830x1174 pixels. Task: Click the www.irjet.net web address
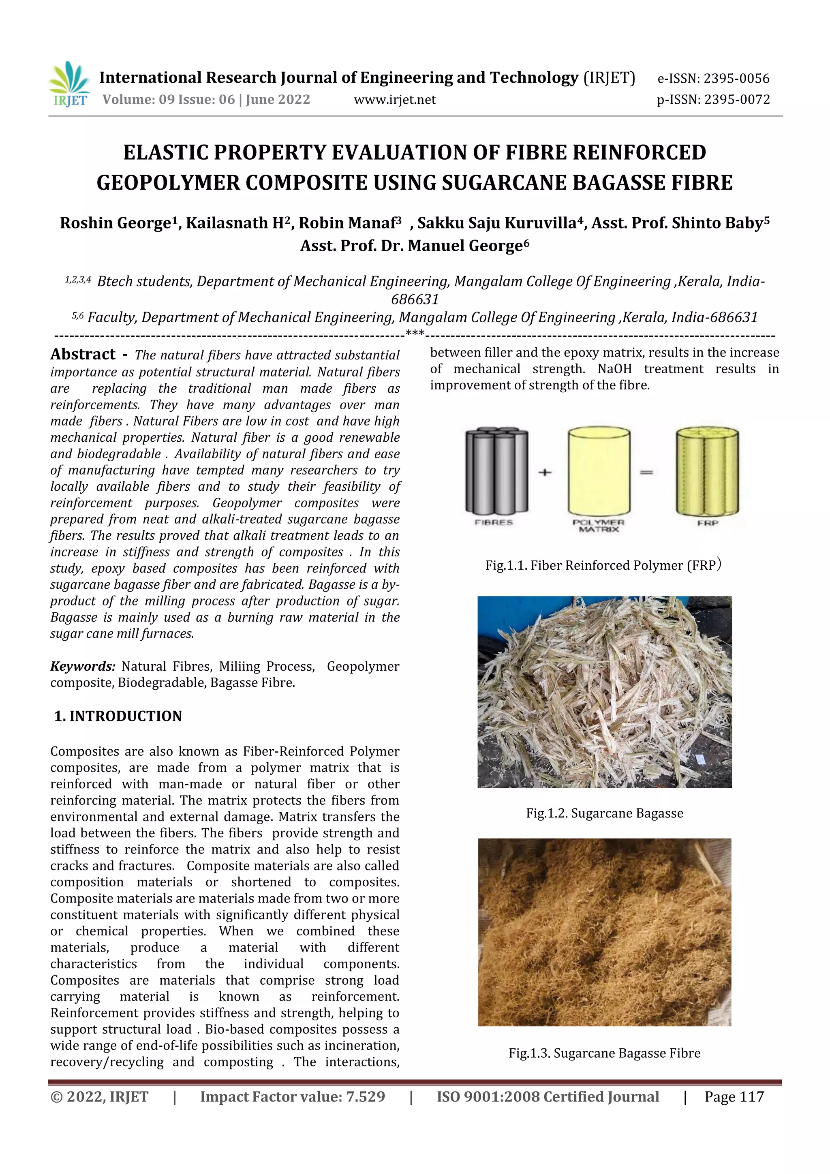point(395,100)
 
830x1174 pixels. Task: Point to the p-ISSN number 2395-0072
point(737,100)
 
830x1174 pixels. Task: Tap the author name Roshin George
point(115,223)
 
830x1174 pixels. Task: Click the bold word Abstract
point(83,354)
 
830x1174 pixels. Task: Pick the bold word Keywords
point(82,666)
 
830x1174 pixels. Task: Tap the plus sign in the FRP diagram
point(545,472)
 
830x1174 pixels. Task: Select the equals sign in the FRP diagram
point(646,472)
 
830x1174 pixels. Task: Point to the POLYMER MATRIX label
point(598,526)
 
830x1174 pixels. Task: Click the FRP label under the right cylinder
point(708,523)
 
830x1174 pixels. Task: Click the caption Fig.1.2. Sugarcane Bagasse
point(605,813)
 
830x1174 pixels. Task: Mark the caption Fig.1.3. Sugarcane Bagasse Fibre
point(605,1053)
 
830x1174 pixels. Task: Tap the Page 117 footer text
point(734,1097)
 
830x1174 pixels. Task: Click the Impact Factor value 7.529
point(293,1097)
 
